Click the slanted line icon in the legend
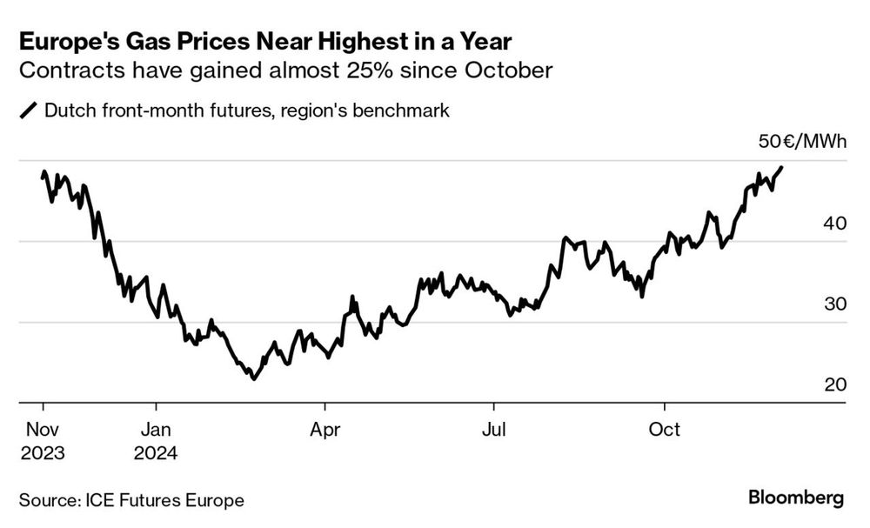[28, 110]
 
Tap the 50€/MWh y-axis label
[801, 142]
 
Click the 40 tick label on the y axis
[833, 224]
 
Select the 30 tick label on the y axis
[833, 304]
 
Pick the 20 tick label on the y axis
[833, 385]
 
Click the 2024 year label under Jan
[155, 453]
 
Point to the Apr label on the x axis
[325, 430]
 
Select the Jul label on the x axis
[492, 430]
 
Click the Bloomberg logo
[795, 498]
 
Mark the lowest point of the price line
[253, 378]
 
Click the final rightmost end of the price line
[781, 167]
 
